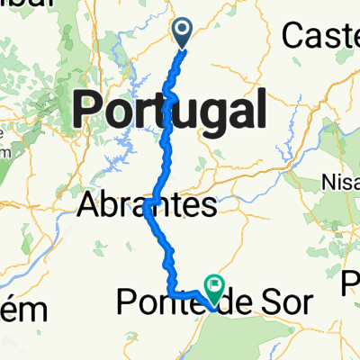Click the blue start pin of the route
182,33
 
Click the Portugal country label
168,111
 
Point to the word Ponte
153,305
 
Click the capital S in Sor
267,305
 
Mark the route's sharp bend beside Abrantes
147,207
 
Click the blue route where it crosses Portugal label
168,111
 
